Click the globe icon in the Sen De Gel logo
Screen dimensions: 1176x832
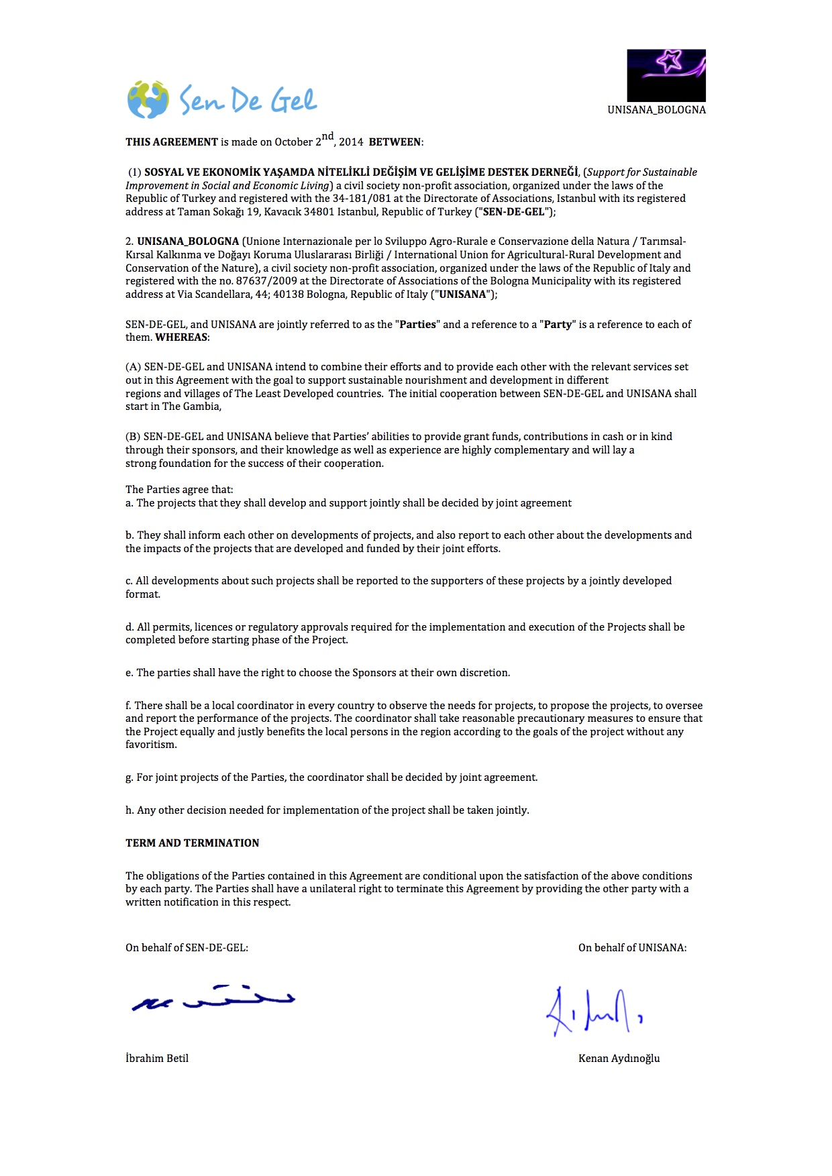[x=148, y=100]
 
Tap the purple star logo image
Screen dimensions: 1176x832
[x=666, y=74]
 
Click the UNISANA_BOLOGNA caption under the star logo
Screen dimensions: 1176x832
[x=656, y=110]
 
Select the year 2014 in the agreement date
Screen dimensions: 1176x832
[x=351, y=142]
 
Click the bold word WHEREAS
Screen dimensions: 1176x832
[x=181, y=337]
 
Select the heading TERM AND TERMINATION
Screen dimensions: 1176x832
[x=192, y=843]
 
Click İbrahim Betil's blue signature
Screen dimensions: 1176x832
[x=213, y=998]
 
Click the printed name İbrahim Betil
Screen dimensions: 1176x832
[x=157, y=1059]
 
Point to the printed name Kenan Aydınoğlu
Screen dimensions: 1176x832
[x=619, y=1059]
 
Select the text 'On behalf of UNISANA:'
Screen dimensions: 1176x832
[x=632, y=948]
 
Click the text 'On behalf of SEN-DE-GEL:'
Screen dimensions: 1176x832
[x=187, y=948]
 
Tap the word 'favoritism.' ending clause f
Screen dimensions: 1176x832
[x=151, y=745]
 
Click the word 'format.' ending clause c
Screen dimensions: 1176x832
[x=143, y=594]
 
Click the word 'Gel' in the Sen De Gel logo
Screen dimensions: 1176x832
[x=293, y=101]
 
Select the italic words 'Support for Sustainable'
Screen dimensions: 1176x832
[x=642, y=172]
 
